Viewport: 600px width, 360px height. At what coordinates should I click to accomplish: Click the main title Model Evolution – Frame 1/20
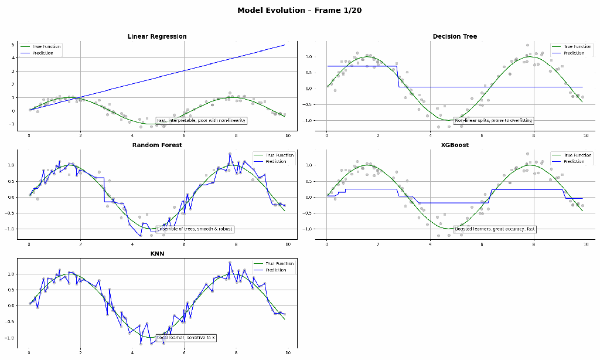point(299,11)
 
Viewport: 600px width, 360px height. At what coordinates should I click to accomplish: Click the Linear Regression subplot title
point(157,36)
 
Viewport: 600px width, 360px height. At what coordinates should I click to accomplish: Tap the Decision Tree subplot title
point(455,36)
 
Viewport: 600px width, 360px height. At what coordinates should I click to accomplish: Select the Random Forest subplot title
point(157,145)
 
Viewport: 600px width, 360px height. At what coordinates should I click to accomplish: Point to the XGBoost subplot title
point(455,145)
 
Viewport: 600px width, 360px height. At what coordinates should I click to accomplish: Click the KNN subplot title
point(157,253)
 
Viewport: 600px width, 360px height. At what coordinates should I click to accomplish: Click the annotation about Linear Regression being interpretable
point(201,120)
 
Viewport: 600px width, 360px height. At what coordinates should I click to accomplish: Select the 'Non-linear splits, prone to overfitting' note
point(493,120)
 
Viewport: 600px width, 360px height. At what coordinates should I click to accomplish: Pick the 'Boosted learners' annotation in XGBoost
point(495,229)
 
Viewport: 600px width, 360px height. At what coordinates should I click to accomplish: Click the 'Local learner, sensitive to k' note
point(186,338)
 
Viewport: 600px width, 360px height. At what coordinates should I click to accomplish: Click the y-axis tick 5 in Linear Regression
point(12,45)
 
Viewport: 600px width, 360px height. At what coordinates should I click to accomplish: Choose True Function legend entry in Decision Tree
point(577,46)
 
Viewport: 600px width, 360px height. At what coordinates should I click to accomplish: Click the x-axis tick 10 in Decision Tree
point(586,135)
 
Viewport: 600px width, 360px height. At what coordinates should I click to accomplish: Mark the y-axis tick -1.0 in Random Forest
point(10,229)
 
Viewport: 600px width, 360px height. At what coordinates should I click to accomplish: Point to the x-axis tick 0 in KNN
point(29,353)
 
